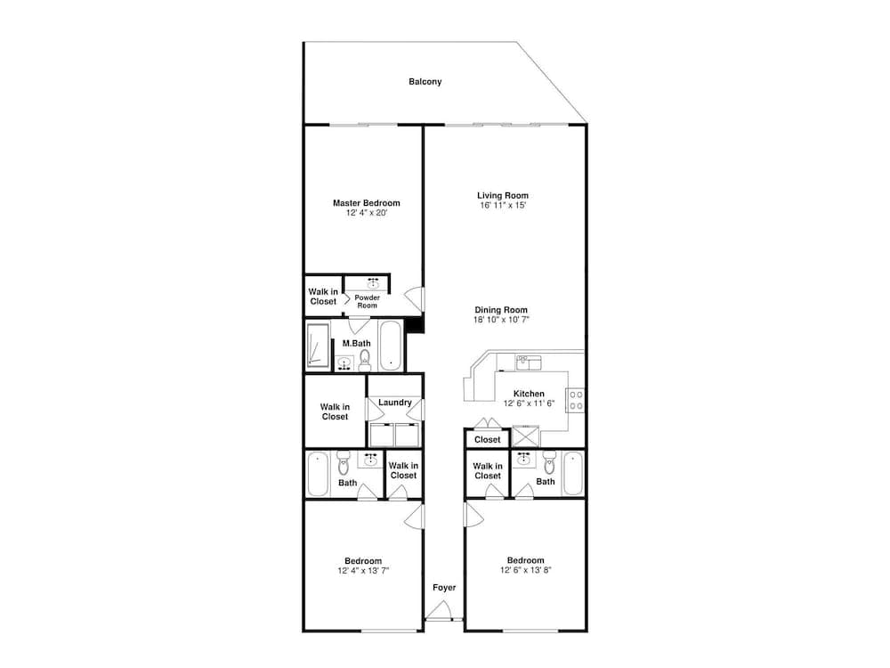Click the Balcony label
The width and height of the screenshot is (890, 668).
(425, 82)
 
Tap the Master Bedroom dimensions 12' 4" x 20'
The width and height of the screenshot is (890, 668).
(367, 213)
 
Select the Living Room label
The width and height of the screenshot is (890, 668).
(502, 195)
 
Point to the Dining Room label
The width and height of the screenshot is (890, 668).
(501, 310)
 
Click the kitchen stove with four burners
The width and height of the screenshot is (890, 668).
(576, 400)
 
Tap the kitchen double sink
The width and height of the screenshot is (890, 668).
(529, 362)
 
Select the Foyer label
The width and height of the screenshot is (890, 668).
(444, 588)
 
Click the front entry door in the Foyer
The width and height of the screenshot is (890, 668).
(439, 612)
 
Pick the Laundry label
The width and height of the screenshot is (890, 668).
(394, 403)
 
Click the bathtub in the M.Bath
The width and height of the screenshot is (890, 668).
(390, 346)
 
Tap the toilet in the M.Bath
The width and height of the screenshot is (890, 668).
(364, 360)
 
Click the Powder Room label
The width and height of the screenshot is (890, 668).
(368, 302)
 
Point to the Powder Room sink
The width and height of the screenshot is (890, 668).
(373, 283)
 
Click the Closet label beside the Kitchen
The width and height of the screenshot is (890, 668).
(488, 440)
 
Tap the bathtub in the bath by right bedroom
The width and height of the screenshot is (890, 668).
(572, 474)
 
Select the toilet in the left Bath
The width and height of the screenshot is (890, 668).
(344, 463)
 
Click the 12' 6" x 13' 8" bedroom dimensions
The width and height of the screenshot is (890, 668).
(526, 570)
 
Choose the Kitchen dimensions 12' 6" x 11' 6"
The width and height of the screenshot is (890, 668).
(529, 403)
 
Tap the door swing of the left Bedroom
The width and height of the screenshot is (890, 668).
(415, 516)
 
